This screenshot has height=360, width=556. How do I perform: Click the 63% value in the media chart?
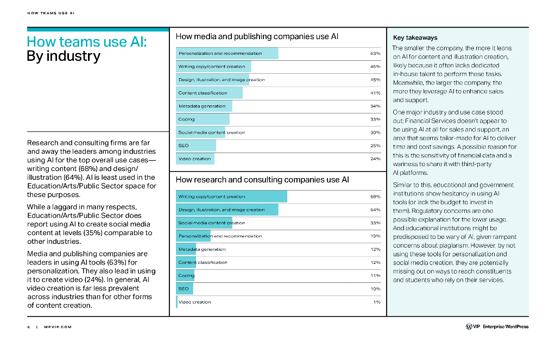point(375,54)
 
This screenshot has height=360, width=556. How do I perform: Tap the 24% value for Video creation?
point(375,159)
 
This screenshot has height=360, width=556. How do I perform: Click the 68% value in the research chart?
point(375,197)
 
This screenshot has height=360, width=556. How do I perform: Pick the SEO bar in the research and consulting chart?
point(185,288)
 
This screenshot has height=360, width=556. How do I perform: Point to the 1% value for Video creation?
point(377,302)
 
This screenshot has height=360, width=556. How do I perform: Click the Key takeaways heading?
point(415,38)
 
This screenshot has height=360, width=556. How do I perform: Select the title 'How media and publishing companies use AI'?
point(257,36)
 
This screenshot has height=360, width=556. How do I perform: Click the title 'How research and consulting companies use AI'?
point(262,180)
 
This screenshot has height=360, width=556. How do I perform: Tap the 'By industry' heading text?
point(64,56)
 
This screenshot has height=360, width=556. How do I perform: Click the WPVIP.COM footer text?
point(58,327)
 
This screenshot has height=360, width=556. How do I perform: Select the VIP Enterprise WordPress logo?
point(496,326)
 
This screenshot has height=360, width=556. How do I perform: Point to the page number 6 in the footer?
point(28,327)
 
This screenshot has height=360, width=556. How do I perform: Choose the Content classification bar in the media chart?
point(210,93)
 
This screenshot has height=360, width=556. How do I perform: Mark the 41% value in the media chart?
point(375,93)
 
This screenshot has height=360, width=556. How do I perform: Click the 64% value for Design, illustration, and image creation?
point(375,210)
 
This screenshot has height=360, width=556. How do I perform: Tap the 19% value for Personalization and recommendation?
point(375,236)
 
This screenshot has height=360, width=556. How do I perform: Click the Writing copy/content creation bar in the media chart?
point(214,67)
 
